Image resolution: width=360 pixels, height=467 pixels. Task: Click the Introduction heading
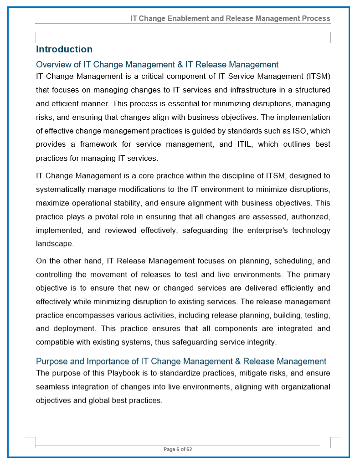pos(64,49)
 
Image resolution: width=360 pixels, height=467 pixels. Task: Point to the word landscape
pos(54,244)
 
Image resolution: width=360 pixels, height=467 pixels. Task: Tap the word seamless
pos(51,387)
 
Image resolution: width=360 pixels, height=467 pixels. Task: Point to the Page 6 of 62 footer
pos(178,450)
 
